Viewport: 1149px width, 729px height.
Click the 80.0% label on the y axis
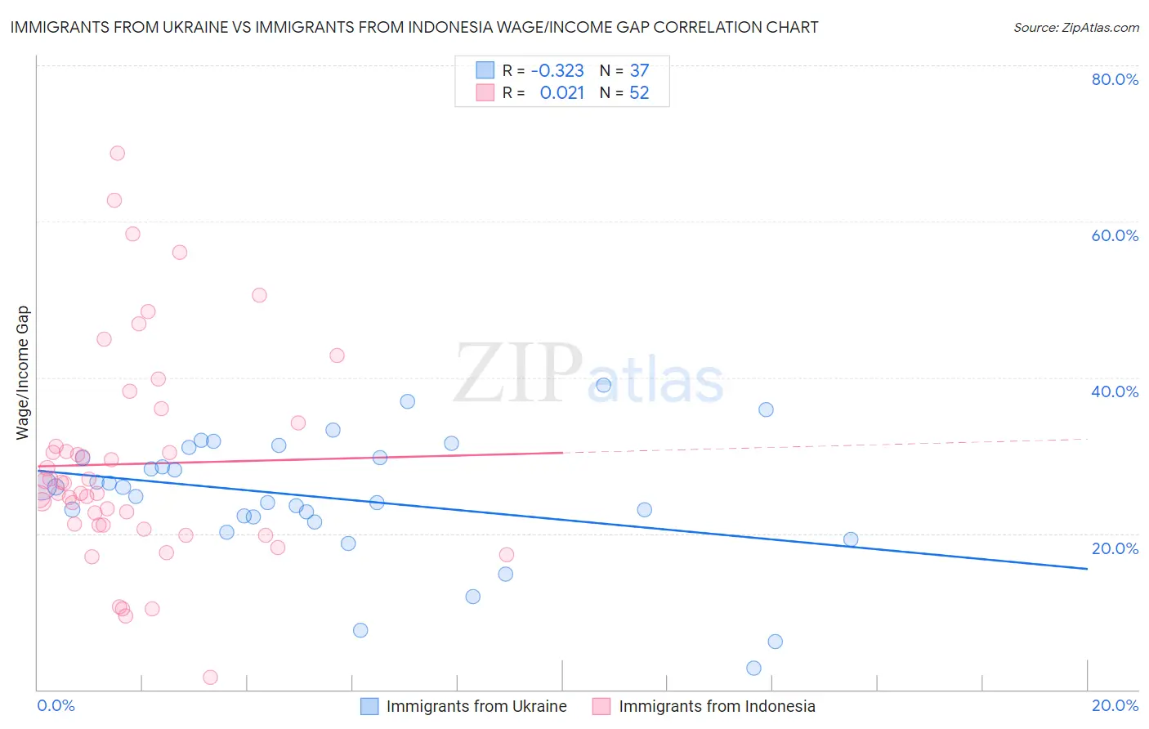point(1115,79)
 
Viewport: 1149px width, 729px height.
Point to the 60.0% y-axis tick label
point(1115,235)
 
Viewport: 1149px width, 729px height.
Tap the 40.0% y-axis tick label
point(1115,391)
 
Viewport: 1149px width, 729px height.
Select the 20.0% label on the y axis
point(1115,548)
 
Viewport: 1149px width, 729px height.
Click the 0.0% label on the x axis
point(56,705)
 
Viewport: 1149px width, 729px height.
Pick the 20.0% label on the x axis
point(1115,705)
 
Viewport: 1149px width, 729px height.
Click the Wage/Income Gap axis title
point(23,373)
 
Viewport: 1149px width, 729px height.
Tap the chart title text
point(414,27)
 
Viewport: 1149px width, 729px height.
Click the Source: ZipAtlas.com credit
point(1075,27)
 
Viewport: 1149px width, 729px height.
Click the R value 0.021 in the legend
point(561,92)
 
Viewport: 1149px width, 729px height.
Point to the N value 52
point(639,92)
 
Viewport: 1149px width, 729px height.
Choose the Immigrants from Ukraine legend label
point(476,706)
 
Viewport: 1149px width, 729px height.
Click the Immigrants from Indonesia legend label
point(717,706)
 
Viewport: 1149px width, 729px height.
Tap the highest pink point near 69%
point(118,153)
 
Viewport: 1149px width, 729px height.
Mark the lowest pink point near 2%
point(210,677)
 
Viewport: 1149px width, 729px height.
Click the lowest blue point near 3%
point(753,668)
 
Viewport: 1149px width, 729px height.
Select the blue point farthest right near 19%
point(851,539)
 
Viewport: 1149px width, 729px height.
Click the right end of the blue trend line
point(1087,568)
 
